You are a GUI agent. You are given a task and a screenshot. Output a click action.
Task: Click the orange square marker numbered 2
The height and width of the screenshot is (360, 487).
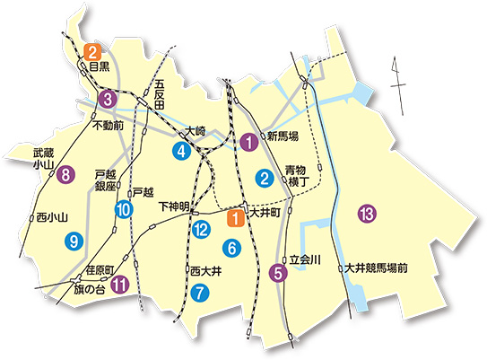[91, 51]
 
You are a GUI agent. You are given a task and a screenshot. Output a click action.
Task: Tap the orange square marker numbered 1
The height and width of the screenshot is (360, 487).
[235, 215]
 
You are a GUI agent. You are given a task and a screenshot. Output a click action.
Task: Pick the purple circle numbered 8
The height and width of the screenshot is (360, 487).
[65, 175]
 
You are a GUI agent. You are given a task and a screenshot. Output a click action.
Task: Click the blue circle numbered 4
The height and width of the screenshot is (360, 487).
[182, 151]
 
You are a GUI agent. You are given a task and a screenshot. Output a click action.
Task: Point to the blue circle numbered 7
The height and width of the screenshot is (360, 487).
[199, 291]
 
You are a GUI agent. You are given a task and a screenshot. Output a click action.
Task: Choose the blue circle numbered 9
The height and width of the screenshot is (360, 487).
[74, 240]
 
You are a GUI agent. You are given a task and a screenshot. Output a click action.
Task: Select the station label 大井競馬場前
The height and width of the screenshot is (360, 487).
[377, 268]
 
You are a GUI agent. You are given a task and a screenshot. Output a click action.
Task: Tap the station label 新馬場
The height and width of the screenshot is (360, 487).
[283, 136]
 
